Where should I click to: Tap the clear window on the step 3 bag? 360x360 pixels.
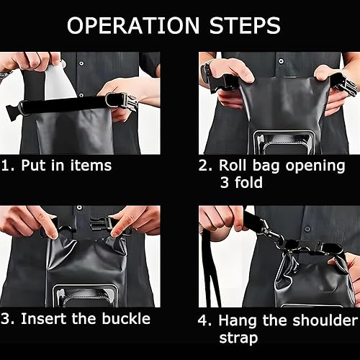[86, 295]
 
